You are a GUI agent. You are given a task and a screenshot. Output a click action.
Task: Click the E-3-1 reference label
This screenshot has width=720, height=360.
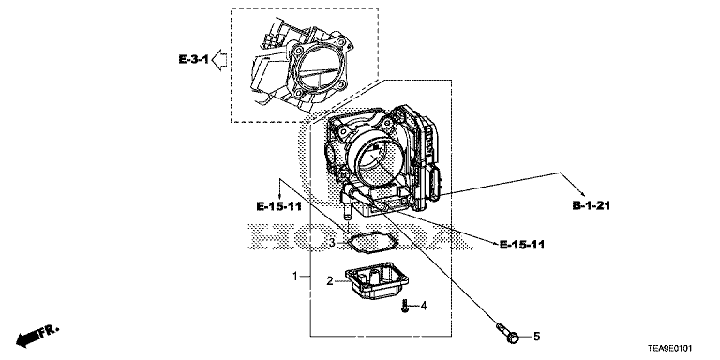point(193,60)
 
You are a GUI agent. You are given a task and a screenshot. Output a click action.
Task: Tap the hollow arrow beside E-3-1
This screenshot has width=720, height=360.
point(219,60)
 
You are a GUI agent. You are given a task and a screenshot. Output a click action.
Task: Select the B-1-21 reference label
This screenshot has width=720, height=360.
point(591,205)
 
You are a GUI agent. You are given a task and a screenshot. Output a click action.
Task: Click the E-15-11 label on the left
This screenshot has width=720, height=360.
point(278,206)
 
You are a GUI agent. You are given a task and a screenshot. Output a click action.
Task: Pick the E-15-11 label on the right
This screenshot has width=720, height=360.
point(522,245)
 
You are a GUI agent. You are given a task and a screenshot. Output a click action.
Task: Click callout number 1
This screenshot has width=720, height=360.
point(296,276)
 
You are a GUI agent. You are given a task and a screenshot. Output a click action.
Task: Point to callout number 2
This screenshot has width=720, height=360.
point(329,280)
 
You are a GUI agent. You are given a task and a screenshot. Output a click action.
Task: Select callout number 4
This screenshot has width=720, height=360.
point(424,306)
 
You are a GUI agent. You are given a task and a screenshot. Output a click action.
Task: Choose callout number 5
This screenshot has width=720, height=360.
point(536,337)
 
